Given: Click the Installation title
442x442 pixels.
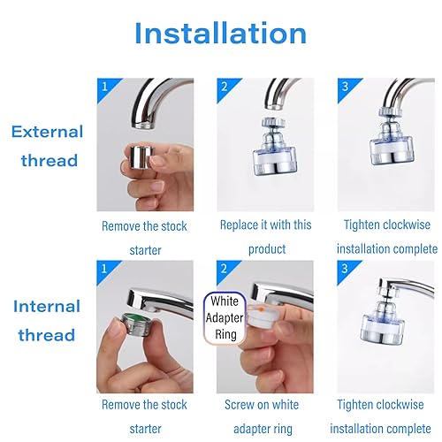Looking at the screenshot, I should point(221,34).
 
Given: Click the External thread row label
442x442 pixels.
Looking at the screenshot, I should point(48,147).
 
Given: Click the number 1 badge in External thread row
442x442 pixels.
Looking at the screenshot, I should point(104,88).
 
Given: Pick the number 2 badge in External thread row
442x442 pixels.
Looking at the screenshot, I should point(225,88).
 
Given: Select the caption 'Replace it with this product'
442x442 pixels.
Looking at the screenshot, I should point(264,237).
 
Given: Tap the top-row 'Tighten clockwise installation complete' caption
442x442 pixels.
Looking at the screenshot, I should point(385,237).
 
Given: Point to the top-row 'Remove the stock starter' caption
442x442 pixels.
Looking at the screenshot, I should point(144,237).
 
